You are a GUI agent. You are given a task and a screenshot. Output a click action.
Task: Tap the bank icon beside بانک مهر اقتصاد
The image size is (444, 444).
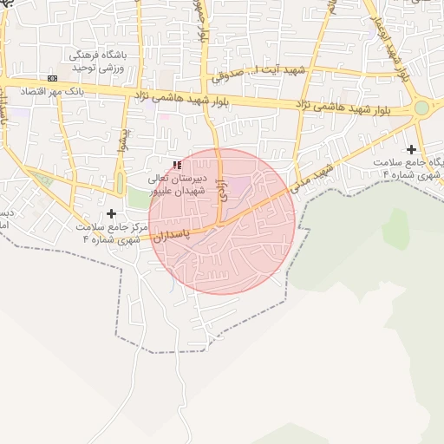pyautogui.click(x=53, y=78)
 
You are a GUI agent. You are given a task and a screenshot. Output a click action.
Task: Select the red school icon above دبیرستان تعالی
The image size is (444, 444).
pyautogui.click(x=177, y=165)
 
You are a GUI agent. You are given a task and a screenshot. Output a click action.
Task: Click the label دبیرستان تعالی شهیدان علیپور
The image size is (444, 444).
pyautogui.click(x=176, y=182)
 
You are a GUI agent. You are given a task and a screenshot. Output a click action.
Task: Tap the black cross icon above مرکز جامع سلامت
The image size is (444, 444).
pyautogui.click(x=111, y=213)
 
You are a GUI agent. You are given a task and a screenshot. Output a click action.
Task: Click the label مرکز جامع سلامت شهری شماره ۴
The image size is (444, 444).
pyautogui.click(x=105, y=232)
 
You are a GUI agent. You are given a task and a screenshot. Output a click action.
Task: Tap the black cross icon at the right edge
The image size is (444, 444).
pyautogui.click(x=411, y=150)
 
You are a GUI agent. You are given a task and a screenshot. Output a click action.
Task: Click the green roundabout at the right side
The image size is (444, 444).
pyautogui.click(x=421, y=108)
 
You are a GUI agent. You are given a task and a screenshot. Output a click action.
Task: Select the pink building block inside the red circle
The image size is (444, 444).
pyautogui.click(x=238, y=185)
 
